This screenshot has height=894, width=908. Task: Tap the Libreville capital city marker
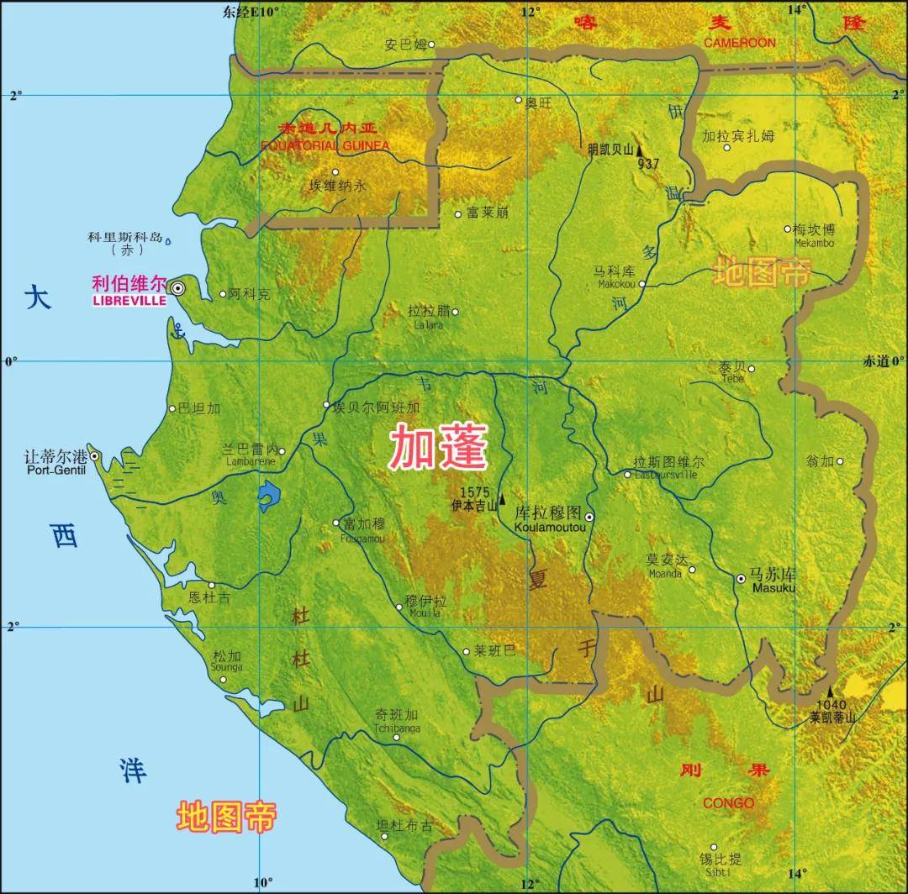tap(178, 288)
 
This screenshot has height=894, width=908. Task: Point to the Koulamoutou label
tap(549, 527)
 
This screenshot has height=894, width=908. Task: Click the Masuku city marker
tap(741, 579)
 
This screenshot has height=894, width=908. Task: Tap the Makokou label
tap(613, 284)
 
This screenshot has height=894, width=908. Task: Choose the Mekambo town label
tap(814, 244)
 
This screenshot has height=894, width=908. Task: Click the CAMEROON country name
tap(740, 43)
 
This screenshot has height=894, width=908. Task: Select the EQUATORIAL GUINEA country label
tap(325, 145)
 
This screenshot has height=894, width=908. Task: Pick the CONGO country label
tap(728, 803)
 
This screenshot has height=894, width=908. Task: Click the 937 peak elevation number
tap(648, 163)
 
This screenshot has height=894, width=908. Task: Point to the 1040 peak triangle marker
tap(829, 691)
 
